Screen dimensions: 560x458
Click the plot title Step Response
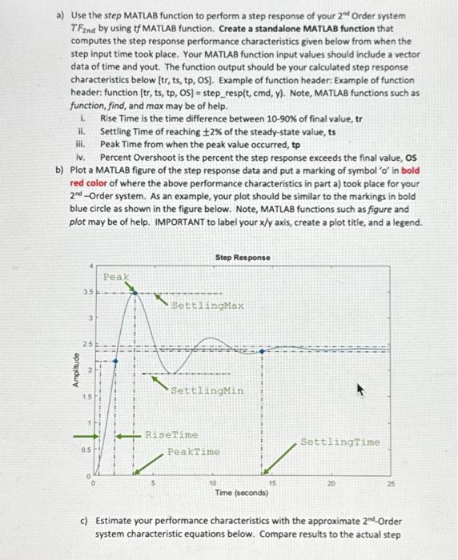click(243, 257)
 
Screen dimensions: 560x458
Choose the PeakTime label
click(193, 451)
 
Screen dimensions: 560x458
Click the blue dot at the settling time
click(263, 350)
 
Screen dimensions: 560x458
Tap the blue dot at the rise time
click(116, 361)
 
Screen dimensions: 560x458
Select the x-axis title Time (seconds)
click(242, 494)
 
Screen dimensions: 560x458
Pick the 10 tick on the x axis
click(212, 484)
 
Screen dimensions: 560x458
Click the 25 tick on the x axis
click(391, 484)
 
